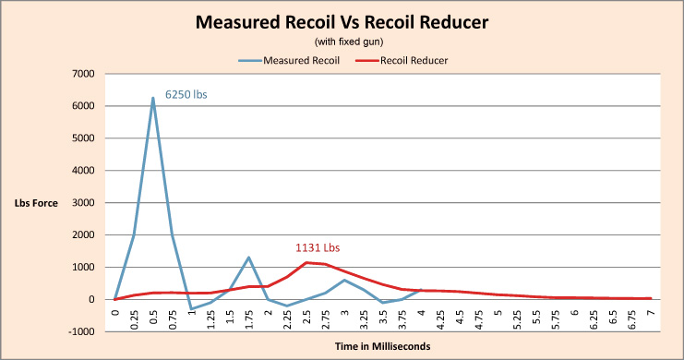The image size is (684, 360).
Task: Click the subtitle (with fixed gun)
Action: click(342, 42)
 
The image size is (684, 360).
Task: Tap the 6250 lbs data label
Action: click(186, 94)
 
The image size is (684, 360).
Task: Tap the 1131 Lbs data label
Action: click(318, 247)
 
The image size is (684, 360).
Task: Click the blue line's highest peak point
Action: click(153, 98)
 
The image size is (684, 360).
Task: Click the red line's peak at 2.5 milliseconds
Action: click(306, 262)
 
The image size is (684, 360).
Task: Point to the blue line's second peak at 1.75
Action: click(249, 258)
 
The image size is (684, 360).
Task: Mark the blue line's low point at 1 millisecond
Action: click(191, 308)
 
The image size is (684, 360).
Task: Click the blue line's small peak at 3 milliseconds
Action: click(344, 280)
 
